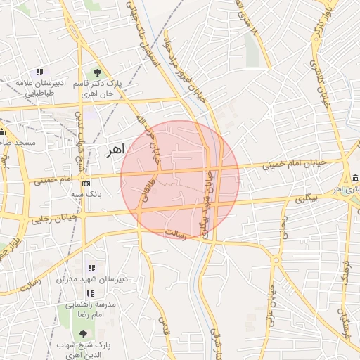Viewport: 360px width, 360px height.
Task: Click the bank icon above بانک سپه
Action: [x=86, y=183]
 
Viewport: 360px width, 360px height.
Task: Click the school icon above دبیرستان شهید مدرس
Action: [x=90, y=268]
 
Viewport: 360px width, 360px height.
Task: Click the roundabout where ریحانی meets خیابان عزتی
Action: [x=277, y=260]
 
